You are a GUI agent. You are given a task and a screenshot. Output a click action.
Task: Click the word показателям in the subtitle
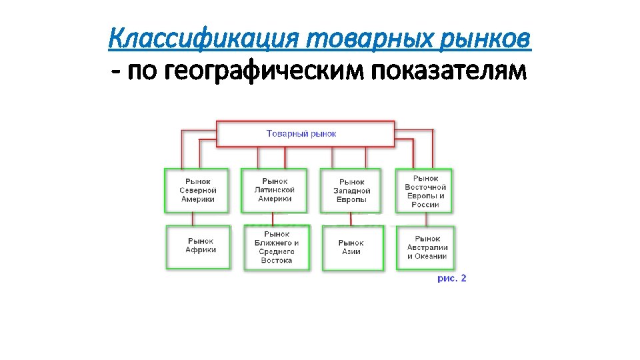click(x=448, y=69)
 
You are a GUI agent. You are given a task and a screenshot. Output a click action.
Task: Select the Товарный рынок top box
click(x=305, y=133)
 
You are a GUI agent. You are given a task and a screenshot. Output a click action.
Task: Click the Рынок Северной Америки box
click(x=197, y=190)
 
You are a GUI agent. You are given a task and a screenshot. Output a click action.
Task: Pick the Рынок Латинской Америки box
click(x=274, y=190)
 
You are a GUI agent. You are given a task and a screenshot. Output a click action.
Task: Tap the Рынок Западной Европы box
click(x=351, y=191)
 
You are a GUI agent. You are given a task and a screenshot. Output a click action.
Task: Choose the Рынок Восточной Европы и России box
click(x=425, y=191)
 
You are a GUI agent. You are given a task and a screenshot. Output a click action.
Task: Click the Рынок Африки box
click(x=199, y=247)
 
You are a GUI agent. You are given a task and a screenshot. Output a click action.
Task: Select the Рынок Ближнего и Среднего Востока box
click(x=277, y=247)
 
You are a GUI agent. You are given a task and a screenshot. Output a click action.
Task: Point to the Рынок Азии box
click(x=352, y=248)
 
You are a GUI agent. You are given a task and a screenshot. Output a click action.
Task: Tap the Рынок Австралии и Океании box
click(x=426, y=247)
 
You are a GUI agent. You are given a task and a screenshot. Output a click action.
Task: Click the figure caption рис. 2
click(x=452, y=278)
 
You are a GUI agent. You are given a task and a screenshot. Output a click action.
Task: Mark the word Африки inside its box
click(x=201, y=251)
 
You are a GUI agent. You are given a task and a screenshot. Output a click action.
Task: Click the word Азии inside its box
click(x=351, y=252)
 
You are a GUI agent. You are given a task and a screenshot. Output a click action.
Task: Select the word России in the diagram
click(x=425, y=205)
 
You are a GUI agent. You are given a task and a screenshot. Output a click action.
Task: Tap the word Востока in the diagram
click(x=277, y=261)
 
